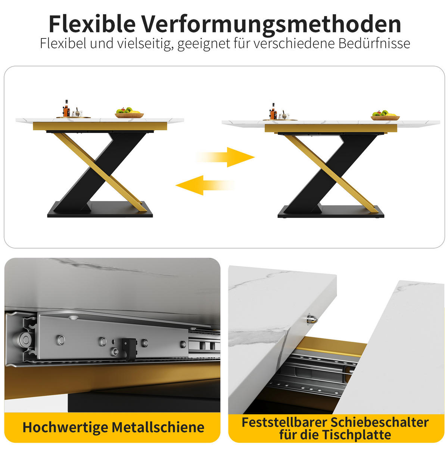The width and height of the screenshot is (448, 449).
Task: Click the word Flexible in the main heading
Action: (x=92, y=24)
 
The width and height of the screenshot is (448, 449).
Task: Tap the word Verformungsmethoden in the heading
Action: (x=271, y=24)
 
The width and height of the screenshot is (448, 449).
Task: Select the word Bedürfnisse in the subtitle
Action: (x=374, y=43)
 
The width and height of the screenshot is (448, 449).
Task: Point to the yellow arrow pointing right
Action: (x=225, y=157)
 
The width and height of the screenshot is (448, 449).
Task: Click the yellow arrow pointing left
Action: (x=205, y=185)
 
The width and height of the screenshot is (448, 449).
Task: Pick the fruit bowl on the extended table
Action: (x=385, y=116)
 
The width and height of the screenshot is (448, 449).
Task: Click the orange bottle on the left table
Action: (x=66, y=109)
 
